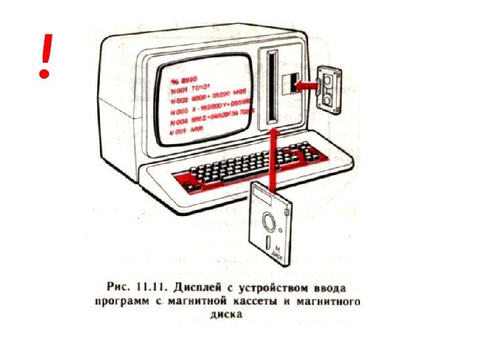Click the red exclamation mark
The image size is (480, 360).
click(45, 57)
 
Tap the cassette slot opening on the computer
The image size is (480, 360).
click(288, 85)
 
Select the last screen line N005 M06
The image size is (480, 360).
click(187, 133)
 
